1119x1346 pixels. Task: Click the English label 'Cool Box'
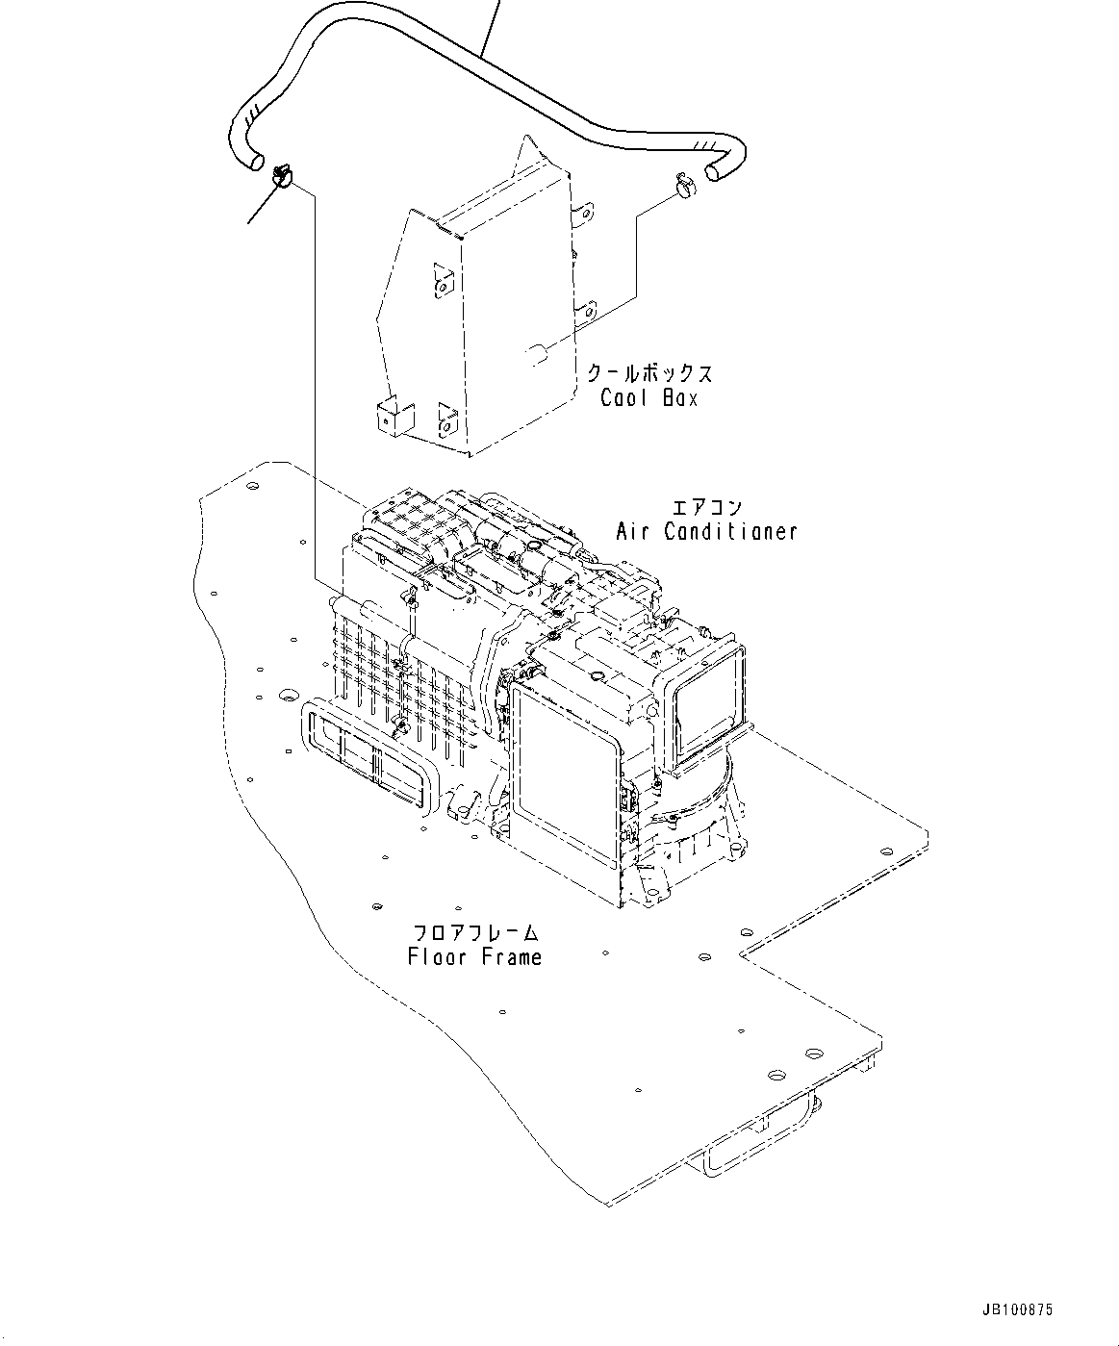(649, 397)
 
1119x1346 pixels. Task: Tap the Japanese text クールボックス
(650, 373)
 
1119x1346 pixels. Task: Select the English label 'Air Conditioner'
(706, 530)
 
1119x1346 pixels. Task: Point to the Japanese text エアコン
(707, 507)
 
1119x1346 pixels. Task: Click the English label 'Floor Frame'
(474, 956)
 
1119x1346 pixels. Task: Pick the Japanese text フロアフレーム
(475, 932)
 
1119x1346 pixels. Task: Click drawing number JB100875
(1018, 1310)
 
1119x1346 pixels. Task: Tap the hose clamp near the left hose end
(282, 175)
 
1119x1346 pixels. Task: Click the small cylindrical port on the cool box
(538, 354)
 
